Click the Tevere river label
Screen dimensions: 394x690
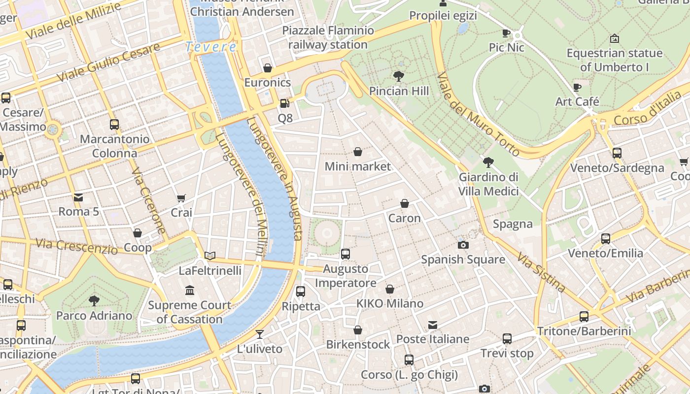pyautogui.click(x=211, y=47)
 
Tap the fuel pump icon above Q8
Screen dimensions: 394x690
pyautogui.click(x=284, y=103)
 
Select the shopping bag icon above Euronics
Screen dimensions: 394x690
pyautogui.click(x=268, y=68)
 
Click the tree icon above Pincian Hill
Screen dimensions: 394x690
pyautogui.click(x=399, y=76)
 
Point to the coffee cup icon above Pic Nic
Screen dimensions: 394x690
pyautogui.click(x=506, y=33)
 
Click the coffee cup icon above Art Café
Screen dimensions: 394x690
pyautogui.click(x=577, y=88)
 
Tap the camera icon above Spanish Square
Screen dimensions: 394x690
pyautogui.click(x=463, y=245)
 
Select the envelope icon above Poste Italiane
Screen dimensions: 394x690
pyautogui.click(x=433, y=325)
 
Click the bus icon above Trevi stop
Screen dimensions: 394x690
pyautogui.click(x=507, y=339)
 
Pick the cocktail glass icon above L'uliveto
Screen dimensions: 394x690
pyautogui.click(x=260, y=334)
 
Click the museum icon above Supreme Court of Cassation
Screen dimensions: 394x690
pyautogui.click(x=190, y=291)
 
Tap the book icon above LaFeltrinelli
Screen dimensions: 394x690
pyautogui.click(x=210, y=256)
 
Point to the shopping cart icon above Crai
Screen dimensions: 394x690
pyautogui.click(x=181, y=198)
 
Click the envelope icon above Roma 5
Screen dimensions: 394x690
pyautogui.click(x=78, y=197)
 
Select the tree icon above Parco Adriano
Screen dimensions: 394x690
pyautogui.click(x=94, y=300)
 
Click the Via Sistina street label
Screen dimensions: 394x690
pyautogui.click(x=541, y=272)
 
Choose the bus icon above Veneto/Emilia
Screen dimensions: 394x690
pyautogui.click(x=606, y=239)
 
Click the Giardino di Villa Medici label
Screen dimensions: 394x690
pyautogui.click(x=488, y=184)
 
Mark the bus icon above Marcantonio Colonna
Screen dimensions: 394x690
pyautogui.click(x=114, y=125)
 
